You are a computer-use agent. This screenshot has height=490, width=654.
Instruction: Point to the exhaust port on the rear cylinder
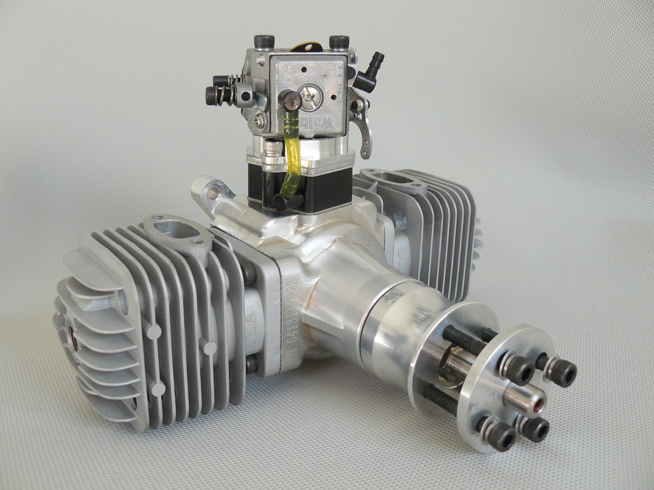(x=386, y=179)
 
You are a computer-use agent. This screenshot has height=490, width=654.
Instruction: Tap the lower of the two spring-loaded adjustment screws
(x=216, y=96)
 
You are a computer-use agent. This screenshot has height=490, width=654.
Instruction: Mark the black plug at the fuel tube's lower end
(x=295, y=200)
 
